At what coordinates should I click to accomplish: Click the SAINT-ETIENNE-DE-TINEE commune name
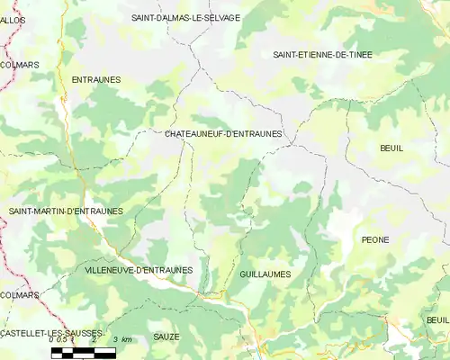point(322,55)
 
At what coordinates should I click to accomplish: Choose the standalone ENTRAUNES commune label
point(95,80)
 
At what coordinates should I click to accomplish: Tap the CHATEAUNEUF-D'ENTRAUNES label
point(224,134)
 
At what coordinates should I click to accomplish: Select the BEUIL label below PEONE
point(437,319)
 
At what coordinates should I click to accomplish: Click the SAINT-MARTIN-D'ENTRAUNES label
point(66,211)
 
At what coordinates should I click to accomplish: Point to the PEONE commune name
point(374,239)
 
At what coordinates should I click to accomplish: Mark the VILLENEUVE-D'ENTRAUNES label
point(138,269)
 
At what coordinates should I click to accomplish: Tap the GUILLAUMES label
point(265,274)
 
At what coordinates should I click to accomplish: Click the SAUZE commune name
point(166,337)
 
